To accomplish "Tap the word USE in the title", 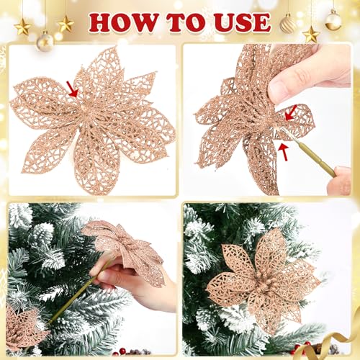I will [x=238, y=22].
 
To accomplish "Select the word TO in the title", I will [x=181, y=22].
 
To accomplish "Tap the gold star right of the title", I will [x=311, y=33].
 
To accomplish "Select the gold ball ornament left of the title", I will [x=45, y=40].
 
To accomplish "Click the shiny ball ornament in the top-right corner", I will [x=333, y=20].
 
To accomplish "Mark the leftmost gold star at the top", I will [x=22, y=27].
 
